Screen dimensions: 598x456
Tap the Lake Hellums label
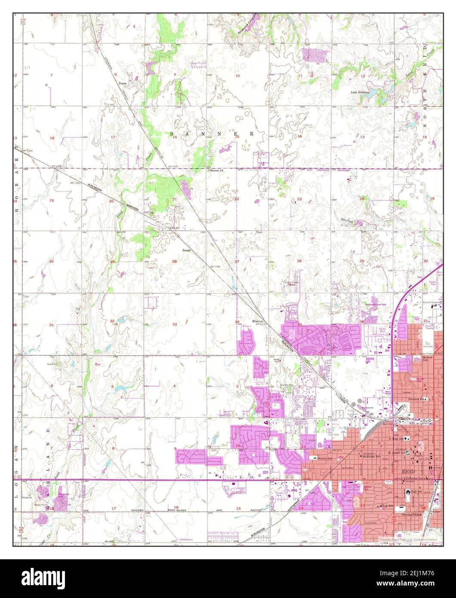point(360,92)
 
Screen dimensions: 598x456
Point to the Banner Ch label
point(216,170)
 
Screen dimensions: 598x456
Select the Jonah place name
point(186,250)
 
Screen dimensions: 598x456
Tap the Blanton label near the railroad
point(258,321)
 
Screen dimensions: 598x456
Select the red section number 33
point(175,324)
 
